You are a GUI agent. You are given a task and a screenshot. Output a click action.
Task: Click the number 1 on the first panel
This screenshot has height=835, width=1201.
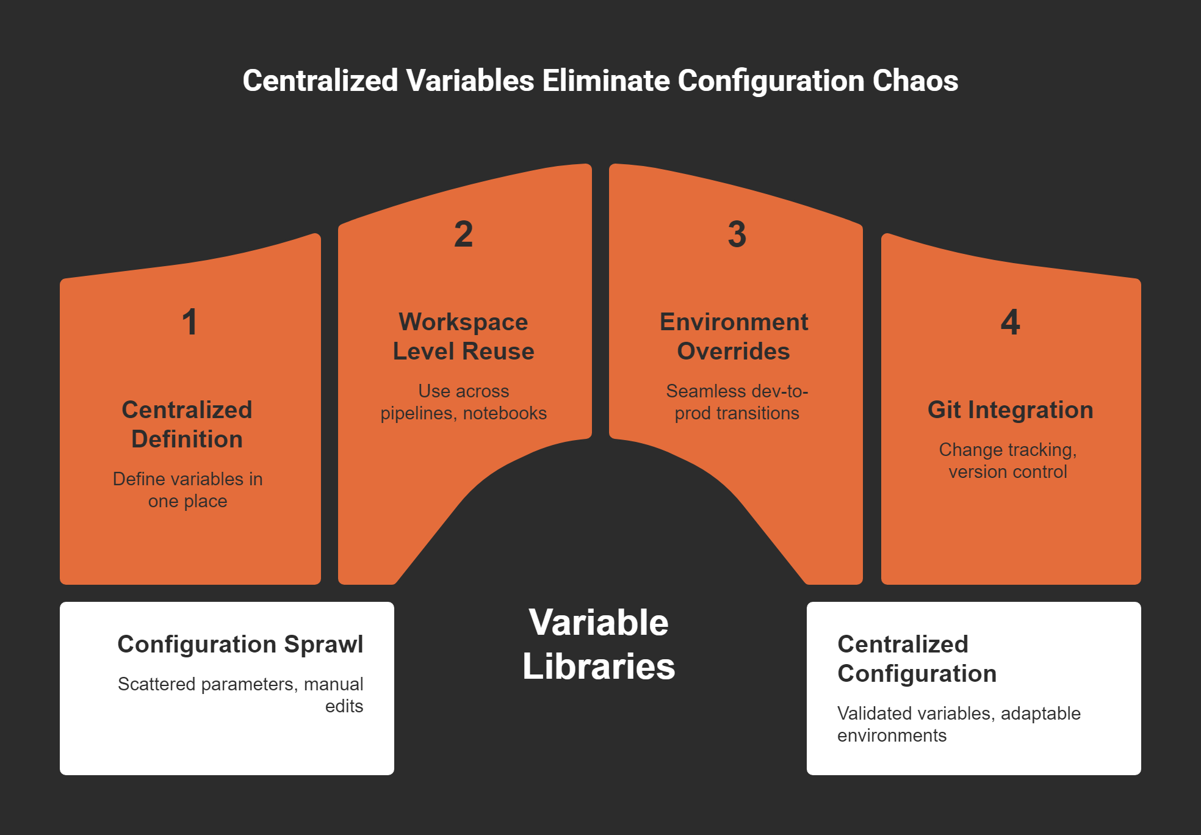point(190,322)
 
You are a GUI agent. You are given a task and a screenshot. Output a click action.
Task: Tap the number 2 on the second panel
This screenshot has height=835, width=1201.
point(463,234)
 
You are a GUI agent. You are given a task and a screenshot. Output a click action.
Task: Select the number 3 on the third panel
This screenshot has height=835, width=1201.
point(737,234)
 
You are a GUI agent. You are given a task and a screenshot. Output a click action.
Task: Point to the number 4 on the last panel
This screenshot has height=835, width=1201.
point(1010,322)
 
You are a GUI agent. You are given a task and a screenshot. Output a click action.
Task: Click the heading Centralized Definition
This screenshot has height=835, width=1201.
point(187,424)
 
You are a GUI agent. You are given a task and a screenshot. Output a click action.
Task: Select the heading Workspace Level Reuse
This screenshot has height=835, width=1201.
point(463,336)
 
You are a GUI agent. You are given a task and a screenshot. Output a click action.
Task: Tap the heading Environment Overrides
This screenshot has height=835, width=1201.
point(734,336)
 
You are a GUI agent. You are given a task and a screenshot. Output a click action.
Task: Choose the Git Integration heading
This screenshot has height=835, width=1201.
point(1010,410)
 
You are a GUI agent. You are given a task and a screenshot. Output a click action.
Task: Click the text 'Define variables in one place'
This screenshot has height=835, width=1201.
point(187,490)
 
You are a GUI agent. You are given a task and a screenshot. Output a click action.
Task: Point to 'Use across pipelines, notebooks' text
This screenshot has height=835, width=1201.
point(463,402)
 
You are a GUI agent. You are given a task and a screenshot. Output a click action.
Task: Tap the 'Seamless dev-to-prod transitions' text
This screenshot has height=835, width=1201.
point(737,402)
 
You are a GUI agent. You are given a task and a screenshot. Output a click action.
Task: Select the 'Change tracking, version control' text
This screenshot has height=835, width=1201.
point(1008,460)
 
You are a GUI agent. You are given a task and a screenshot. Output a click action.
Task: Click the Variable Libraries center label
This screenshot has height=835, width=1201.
point(599,644)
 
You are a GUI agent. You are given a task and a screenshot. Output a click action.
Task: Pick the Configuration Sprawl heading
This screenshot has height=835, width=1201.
point(240,644)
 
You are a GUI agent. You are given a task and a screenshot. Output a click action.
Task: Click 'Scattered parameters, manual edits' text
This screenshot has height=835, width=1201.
point(240,695)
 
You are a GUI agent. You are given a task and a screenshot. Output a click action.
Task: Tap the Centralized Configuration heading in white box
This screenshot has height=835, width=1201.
point(917,659)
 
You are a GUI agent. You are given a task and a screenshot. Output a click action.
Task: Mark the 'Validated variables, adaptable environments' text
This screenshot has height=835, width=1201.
point(958,724)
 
